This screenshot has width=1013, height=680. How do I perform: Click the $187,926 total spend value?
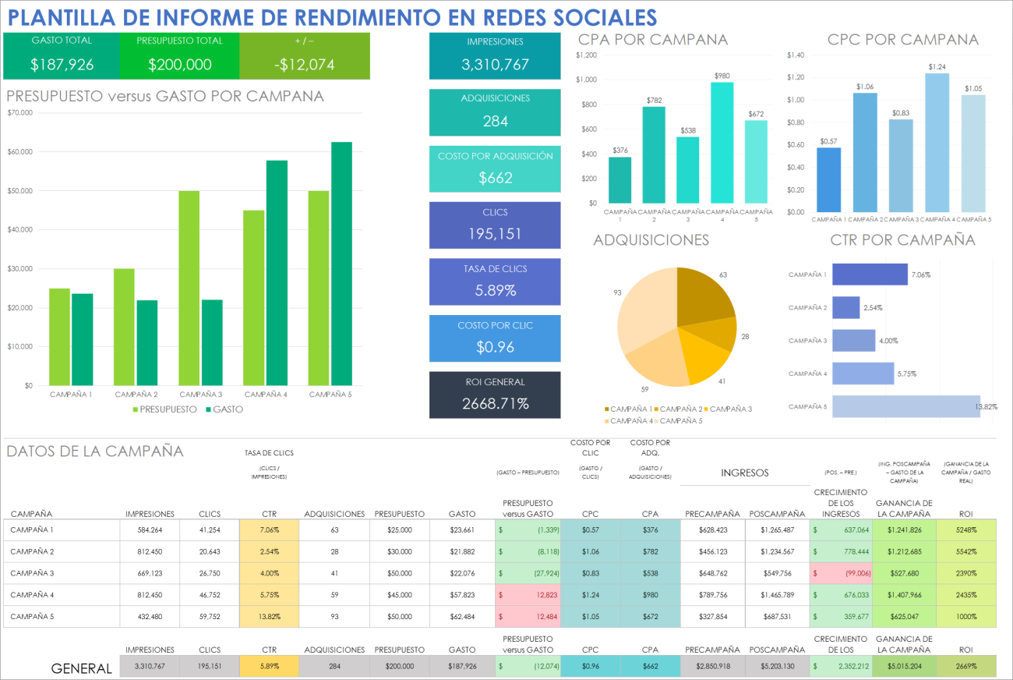(x=62, y=65)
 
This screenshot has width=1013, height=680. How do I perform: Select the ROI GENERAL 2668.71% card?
(x=495, y=395)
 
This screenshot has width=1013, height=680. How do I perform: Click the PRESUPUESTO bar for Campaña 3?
(x=189, y=288)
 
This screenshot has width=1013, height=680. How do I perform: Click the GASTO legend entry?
(x=227, y=409)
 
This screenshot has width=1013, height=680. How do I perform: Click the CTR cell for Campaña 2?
(x=269, y=551)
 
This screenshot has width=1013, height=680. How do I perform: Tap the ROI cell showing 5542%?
(x=966, y=551)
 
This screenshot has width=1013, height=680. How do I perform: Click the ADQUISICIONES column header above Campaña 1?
(x=334, y=514)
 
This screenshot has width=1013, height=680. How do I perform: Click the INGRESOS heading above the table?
(x=744, y=473)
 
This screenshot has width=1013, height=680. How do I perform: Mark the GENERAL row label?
(x=81, y=668)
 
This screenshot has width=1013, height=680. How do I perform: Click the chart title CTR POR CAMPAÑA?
(x=902, y=240)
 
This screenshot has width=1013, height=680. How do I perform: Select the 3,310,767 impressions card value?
(x=495, y=65)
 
